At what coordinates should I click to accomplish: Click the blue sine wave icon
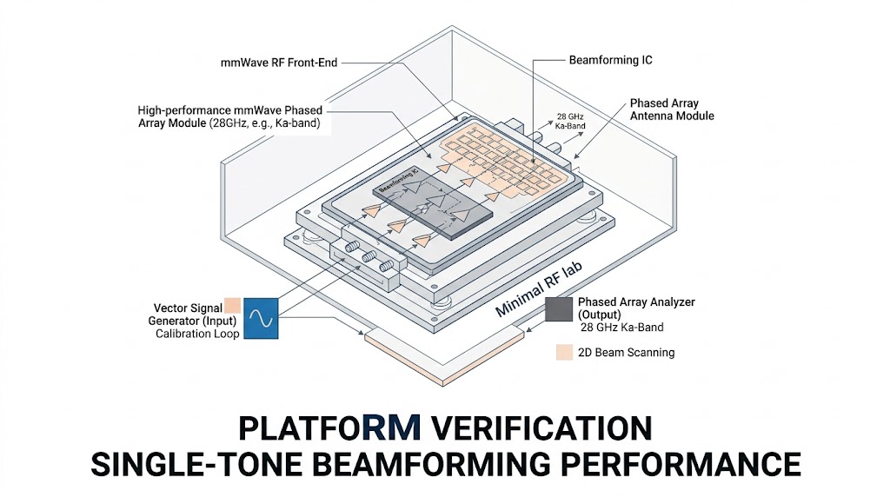tap(261, 318)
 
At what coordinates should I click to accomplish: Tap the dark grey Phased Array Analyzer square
tap(560, 311)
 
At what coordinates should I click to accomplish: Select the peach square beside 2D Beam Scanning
tap(564, 353)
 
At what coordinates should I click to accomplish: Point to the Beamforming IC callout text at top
tap(610, 60)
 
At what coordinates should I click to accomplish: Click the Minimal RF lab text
tap(538, 293)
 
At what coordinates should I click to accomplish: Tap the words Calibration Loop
tap(197, 334)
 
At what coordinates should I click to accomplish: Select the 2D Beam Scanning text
tap(627, 353)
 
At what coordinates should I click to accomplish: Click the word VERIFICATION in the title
tap(541, 427)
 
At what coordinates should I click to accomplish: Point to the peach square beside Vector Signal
tap(232, 306)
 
